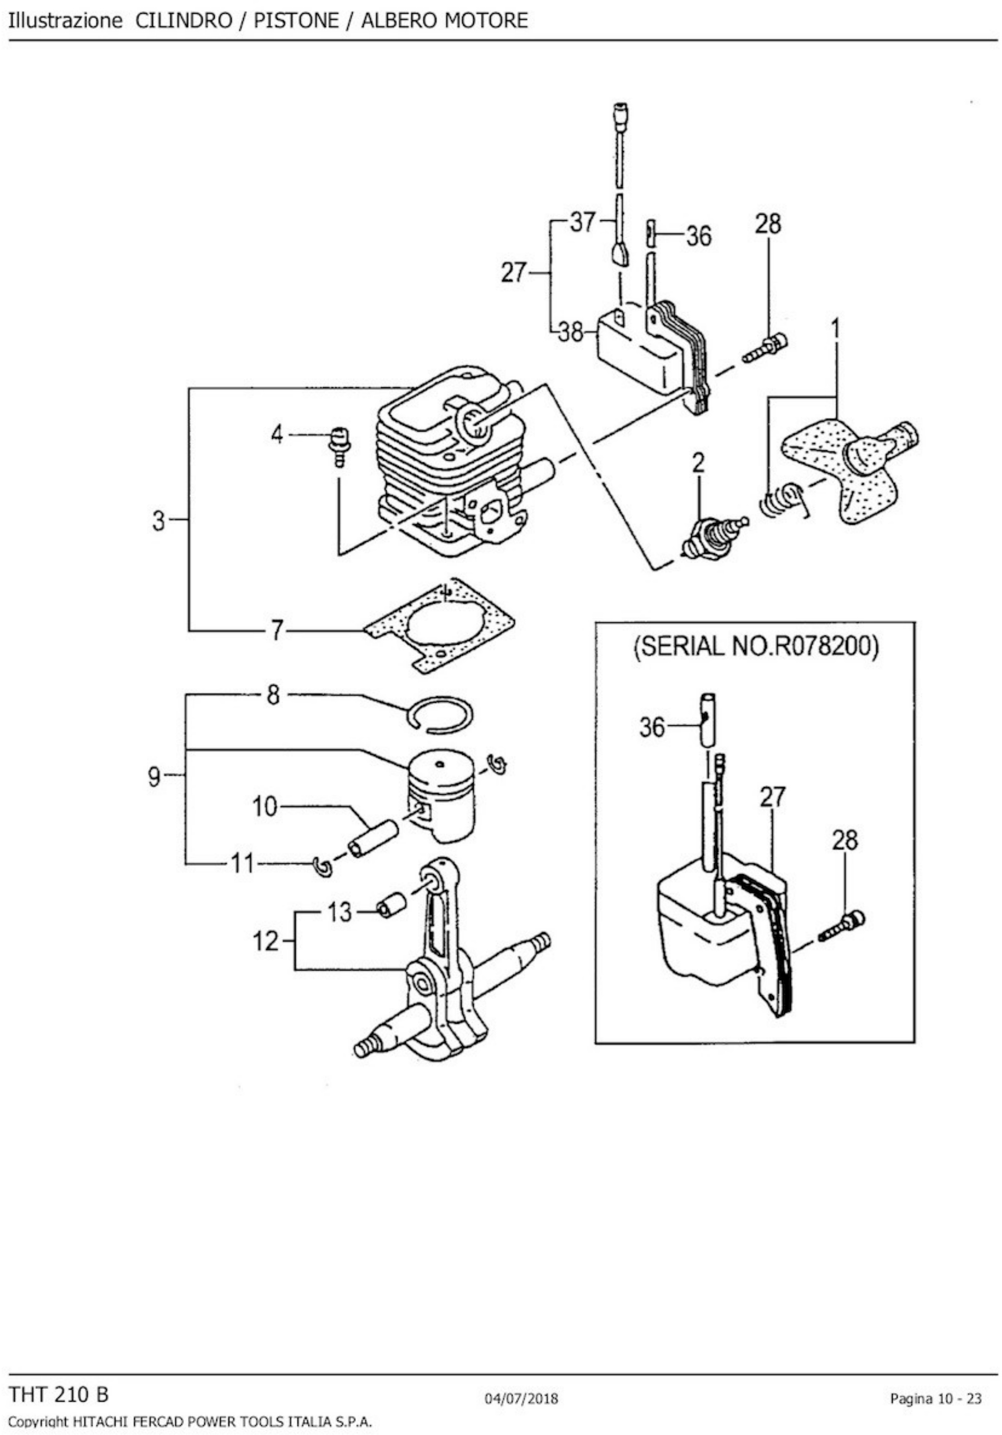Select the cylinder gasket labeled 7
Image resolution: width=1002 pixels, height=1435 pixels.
[x=440, y=624]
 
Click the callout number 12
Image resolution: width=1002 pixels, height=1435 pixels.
[x=265, y=940]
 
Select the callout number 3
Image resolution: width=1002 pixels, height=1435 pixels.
[x=159, y=520]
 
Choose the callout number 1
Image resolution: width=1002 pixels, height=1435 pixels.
[x=835, y=329]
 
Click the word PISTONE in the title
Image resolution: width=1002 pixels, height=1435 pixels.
[x=296, y=20]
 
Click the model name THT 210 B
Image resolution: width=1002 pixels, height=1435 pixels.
[x=59, y=1395]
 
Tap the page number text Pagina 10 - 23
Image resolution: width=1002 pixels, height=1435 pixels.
[x=936, y=1399]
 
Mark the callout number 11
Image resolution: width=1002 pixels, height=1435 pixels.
[x=243, y=864]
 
